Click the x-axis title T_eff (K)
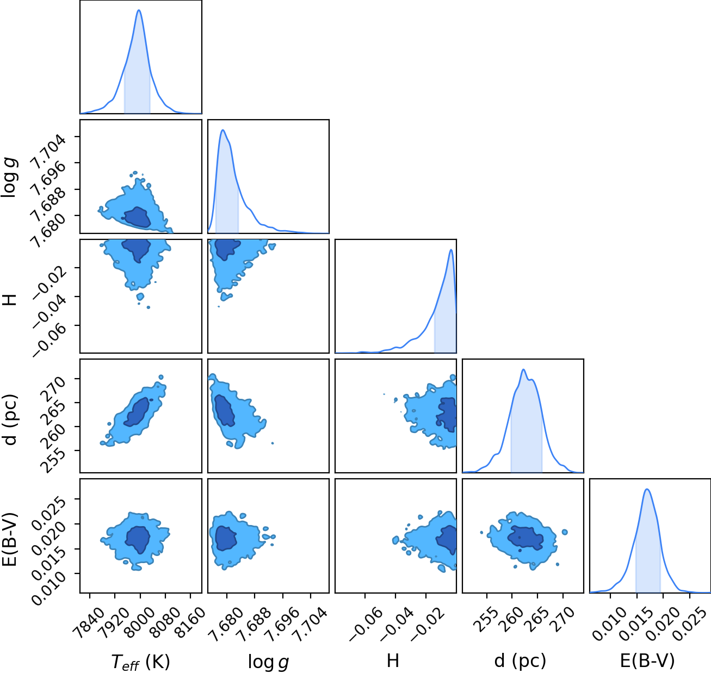pyautogui.click(x=141, y=662)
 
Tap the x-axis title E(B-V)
pyautogui.click(x=647, y=660)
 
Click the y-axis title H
pyautogui.click(x=10, y=300)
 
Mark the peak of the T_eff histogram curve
pyautogui.click(x=139, y=10)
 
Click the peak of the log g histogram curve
pyautogui.click(x=223, y=129)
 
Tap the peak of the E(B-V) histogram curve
pyautogui.click(x=647, y=489)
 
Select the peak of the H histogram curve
pyautogui.click(x=451, y=249)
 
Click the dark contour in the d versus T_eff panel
pyautogui.click(x=137, y=412)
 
